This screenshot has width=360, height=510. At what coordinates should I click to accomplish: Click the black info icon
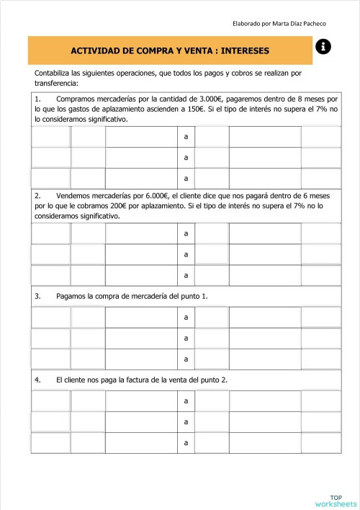pos(323,47)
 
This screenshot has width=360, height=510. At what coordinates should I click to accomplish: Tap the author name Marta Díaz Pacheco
pos(307,24)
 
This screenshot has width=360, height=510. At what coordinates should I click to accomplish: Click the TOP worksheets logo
pos(336,500)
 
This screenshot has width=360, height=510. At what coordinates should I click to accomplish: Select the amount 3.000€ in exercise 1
pos(207,99)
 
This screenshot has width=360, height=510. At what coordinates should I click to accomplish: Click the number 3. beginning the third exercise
pos(37,296)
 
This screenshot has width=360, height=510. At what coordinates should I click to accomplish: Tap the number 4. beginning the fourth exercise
pos(37,380)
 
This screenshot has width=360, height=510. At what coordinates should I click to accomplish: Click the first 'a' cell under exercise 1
pos(186,136)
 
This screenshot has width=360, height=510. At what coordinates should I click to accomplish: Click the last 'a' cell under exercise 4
pos(186,442)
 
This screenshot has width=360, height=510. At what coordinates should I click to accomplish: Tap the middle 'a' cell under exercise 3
pos(186,338)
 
